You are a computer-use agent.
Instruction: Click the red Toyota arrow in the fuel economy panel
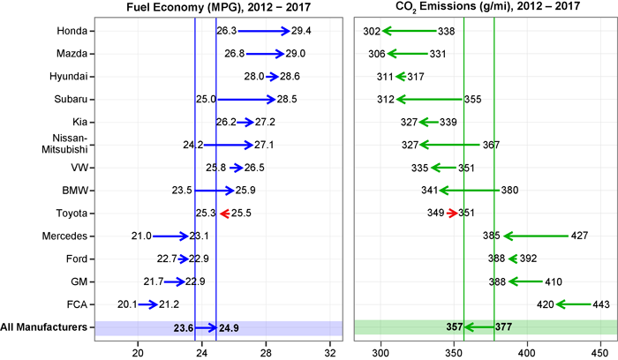pos(224,213)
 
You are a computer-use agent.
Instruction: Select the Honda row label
pos(73,31)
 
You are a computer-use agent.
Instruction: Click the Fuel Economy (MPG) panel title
pos(217,8)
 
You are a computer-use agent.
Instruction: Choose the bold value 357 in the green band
pos(456,327)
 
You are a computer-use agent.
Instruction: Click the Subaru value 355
pos(472,99)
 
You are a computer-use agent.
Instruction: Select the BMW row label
pos(74,190)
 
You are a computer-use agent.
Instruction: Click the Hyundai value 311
pos(385,77)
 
